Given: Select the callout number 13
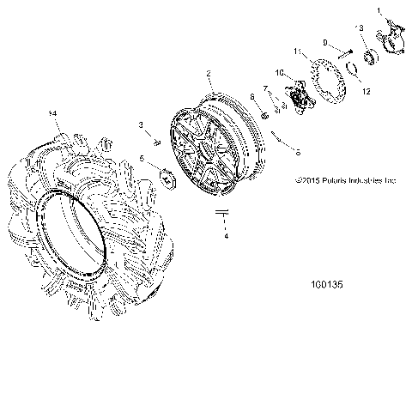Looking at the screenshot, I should [x=360, y=28].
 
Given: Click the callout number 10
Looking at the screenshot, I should [x=278, y=73].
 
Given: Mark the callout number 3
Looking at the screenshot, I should [x=141, y=125].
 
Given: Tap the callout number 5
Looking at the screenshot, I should [x=142, y=158].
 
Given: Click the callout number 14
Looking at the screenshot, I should [x=53, y=113].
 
